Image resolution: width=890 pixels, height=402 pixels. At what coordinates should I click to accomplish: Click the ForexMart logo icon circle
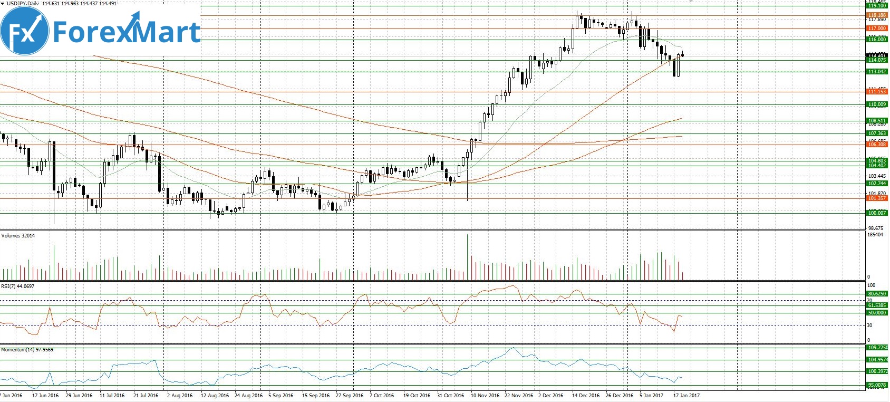coord(25,32)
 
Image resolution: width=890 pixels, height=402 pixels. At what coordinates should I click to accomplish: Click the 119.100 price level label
coord(877,6)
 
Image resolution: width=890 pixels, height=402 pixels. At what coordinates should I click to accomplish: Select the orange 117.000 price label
coord(877,28)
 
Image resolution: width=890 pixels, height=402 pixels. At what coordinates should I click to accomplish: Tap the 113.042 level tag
coord(877,72)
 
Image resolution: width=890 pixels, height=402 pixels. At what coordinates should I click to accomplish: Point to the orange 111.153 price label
coord(877,92)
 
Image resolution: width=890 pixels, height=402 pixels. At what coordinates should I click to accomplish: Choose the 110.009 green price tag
coord(877,104)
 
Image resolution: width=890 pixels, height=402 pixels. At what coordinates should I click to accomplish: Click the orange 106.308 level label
coord(877,145)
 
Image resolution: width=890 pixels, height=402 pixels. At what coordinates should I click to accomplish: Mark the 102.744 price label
coord(877,184)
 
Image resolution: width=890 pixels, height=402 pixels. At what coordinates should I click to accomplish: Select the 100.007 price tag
coord(877,213)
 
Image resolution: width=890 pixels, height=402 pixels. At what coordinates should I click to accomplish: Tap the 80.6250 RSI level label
coord(877,294)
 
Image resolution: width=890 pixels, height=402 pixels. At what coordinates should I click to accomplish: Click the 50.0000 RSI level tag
coord(877,313)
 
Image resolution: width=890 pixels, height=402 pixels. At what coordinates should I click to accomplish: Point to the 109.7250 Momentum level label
coord(877,348)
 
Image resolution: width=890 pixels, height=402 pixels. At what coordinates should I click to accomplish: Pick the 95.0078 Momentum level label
coord(877,385)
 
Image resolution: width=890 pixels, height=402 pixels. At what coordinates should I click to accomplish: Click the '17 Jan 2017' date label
coord(686,396)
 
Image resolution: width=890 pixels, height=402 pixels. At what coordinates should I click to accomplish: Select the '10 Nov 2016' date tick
coord(485,396)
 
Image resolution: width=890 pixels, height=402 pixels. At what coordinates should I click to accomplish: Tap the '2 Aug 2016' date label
coord(180,396)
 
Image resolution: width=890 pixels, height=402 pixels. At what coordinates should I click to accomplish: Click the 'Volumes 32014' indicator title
coord(18,236)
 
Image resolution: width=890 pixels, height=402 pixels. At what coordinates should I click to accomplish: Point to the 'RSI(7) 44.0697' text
coord(17,286)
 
